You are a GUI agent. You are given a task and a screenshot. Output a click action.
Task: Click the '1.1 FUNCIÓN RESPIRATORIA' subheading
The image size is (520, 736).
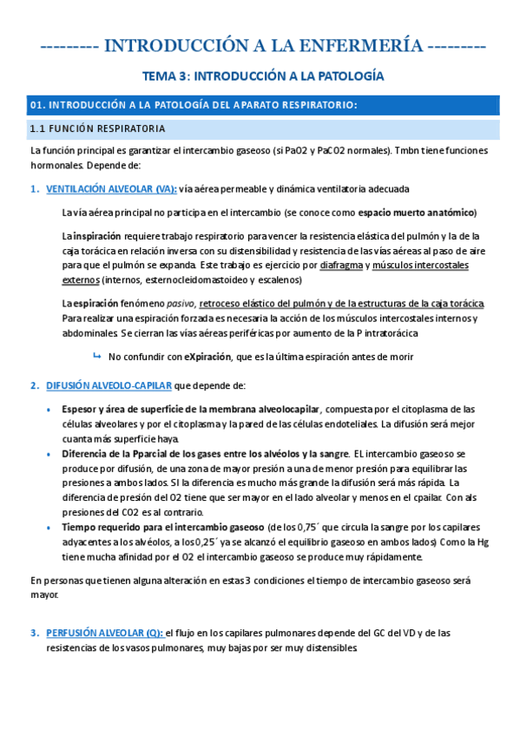pos(96,129)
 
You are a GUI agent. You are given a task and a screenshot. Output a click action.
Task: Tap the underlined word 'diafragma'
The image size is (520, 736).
pos(341,265)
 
